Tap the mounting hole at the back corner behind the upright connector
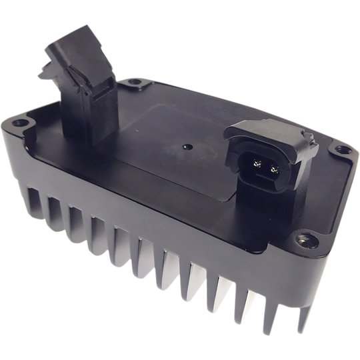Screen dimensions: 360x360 [135, 83]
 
